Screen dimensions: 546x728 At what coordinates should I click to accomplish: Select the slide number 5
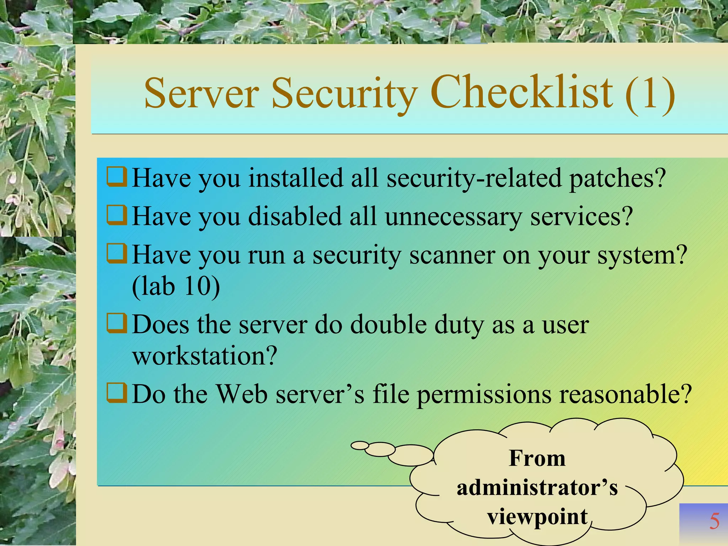[714, 521]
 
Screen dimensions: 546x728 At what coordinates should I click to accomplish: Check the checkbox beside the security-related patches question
[117, 177]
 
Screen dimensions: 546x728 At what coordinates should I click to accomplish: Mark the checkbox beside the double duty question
[117, 323]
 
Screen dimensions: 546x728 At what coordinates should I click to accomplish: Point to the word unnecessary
[453, 217]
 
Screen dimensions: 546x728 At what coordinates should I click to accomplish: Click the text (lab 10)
[176, 286]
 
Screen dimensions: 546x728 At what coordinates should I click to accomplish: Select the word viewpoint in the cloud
[537, 517]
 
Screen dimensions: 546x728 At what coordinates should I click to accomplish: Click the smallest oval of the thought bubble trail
[360, 445]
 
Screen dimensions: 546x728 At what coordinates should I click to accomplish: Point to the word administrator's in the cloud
[537, 488]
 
